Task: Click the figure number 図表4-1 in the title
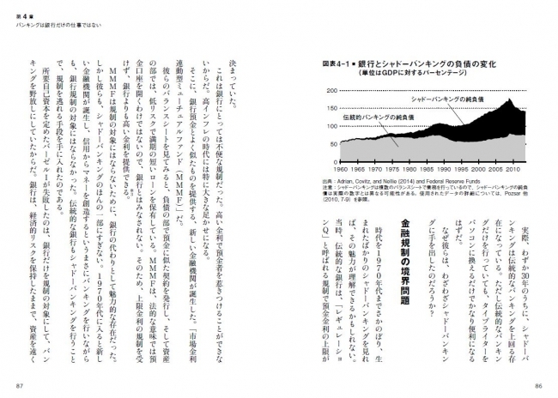tap(337, 63)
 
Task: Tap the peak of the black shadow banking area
tap(509, 99)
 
